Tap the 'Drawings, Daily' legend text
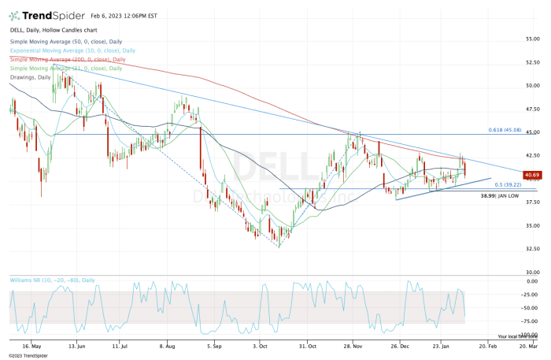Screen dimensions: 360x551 (x=30, y=76)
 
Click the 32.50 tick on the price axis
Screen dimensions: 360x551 (x=533, y=249)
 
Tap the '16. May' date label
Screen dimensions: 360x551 (x=31, y=345)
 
